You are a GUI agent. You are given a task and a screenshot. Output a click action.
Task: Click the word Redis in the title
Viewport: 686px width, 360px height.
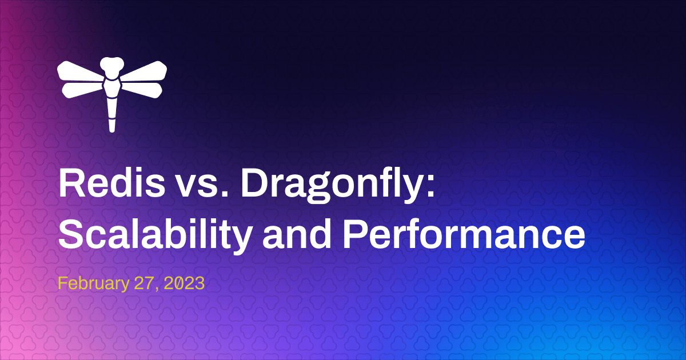(112, 183)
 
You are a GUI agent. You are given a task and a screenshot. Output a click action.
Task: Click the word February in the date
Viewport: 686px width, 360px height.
(94, 284)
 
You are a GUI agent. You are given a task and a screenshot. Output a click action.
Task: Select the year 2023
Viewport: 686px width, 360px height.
(184, 283)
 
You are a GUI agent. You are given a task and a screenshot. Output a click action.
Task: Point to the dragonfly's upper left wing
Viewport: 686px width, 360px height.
(80, 71)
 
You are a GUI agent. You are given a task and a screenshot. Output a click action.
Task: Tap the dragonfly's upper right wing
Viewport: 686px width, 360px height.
(143, 71)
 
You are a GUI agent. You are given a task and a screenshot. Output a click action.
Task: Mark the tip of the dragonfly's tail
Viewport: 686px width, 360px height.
(112, 131)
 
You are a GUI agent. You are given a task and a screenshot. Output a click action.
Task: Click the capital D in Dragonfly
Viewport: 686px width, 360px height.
(254, 183)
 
